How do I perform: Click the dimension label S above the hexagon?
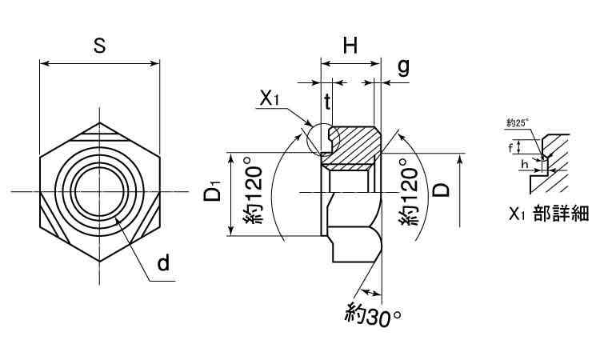click(99, 46)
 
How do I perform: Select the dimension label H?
click(350, 46)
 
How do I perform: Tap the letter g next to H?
click(403, 66)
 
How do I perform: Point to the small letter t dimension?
click(328, 101)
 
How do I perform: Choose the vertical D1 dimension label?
click(212, 194)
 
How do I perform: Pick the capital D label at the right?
click(441, 189)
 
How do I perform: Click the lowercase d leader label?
click(163, 263)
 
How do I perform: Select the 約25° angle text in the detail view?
click(518, 122)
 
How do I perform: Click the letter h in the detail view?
click(524, 165)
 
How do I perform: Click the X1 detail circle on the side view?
click(322, 139)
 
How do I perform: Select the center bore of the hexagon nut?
click(100, 192)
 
